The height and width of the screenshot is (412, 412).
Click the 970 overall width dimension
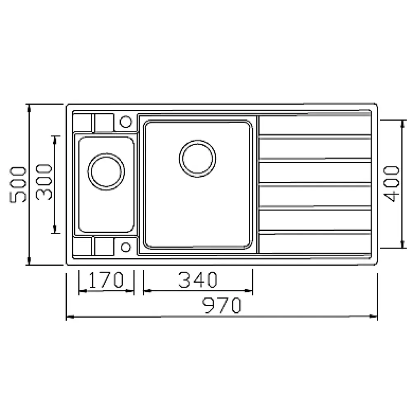point(222,305)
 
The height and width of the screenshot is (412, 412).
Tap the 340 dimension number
point(198,280)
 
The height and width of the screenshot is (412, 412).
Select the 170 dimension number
point(106,280)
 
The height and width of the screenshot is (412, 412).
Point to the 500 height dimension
point(18,185)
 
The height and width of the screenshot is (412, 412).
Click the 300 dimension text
point(44,182)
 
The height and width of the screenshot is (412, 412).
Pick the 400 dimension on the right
point(391,184)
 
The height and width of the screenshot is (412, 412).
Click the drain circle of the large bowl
point(198,159)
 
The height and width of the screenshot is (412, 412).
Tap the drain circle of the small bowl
point(106,171)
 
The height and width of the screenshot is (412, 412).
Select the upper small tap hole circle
point(126,122)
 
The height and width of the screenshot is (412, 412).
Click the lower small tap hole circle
point(126,247)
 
